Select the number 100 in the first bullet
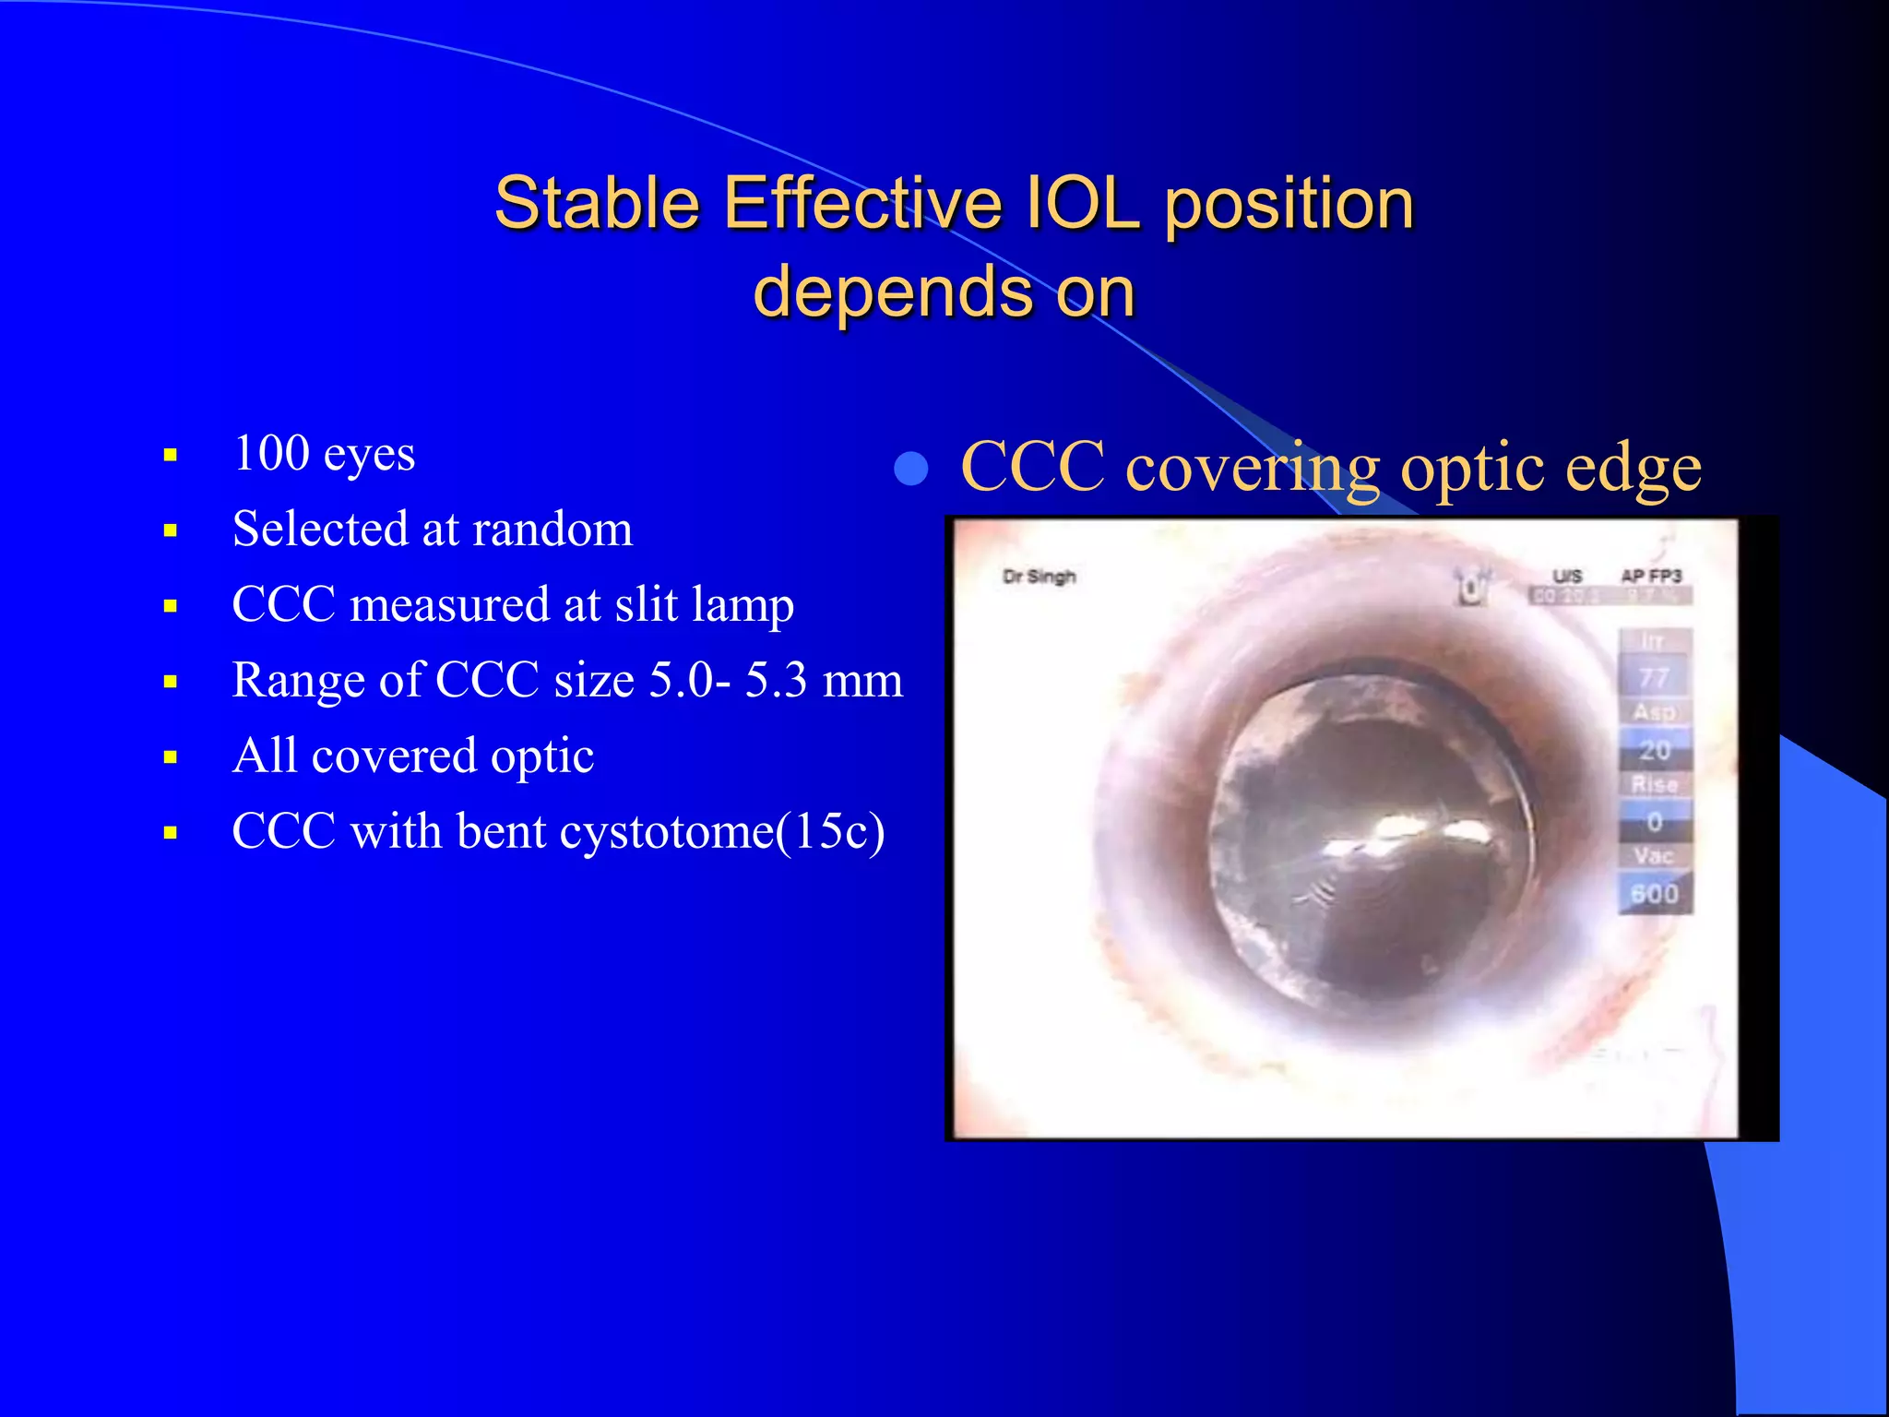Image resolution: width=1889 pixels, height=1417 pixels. click(x=271, y=453)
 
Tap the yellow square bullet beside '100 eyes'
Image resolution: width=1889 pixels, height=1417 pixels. click(x=170, y=455)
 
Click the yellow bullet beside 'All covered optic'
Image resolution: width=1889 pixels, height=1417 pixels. click(x=170, y=758)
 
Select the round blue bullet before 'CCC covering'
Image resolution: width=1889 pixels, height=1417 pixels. click(x=911, y=469)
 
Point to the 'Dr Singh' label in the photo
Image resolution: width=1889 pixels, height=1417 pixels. click(x=1040, y=578)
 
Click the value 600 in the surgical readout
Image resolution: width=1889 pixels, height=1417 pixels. click(x=1655, y=894)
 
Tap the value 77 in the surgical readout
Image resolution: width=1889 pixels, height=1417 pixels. click(x=1655, y=678)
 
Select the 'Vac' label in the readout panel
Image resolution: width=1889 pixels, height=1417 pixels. click(x=1654, y=856)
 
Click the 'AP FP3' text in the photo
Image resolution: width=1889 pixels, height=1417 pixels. click(x=1651, y=576)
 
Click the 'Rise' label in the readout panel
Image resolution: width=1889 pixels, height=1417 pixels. click(x=1655, y=785)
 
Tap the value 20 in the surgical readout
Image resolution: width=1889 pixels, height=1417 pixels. click(x=1655, y=750)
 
